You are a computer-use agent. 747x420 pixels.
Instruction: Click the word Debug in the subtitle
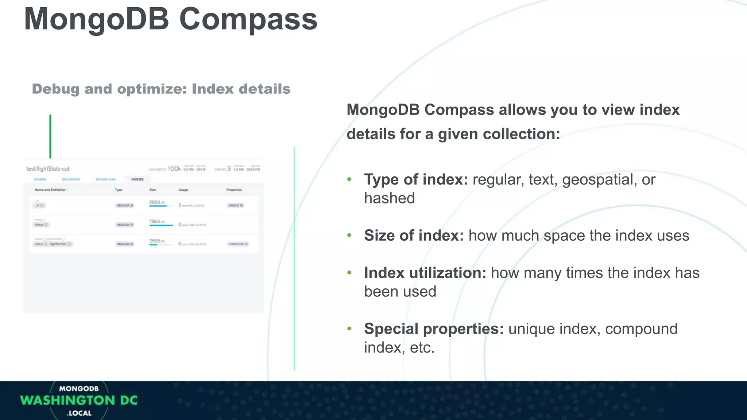click(55, 89)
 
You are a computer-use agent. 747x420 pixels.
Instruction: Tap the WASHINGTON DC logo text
click(79, 400)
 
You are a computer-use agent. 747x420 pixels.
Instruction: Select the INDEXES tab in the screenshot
click(137, 179)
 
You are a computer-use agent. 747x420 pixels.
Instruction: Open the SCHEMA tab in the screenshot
click(40, 179)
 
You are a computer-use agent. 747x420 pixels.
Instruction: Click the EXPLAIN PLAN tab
click(105, 179)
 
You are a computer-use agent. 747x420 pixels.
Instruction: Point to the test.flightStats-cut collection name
click(48, 169)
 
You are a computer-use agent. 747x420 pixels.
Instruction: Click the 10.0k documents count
click(174, 169)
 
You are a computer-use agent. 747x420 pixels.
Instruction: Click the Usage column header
click(183, 190)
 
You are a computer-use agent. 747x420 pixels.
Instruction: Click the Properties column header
click(234, 190)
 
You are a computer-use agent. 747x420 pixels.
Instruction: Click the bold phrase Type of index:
click(415, 179)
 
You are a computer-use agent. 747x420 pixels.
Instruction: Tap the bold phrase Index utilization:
click(425, 273)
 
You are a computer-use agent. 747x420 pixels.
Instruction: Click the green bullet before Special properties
click(349, 329)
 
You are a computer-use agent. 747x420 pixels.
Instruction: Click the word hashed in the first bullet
click(389, 198)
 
